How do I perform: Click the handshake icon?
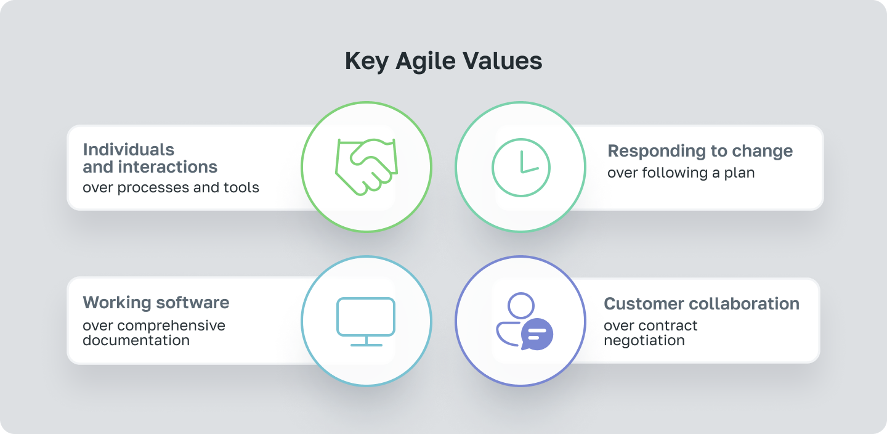coord(366,167)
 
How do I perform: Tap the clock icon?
coord(520,167)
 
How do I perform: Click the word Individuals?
coord(128,150)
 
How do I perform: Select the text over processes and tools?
coord(171,187)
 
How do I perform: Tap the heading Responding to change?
coord(700,151)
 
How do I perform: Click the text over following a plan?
coord(681,173)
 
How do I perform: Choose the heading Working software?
coord(156,303)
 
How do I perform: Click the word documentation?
coord(136,340)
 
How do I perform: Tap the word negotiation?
coord(644,340)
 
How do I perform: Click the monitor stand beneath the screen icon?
coord(366,342)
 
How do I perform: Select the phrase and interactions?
coord(150,166)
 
